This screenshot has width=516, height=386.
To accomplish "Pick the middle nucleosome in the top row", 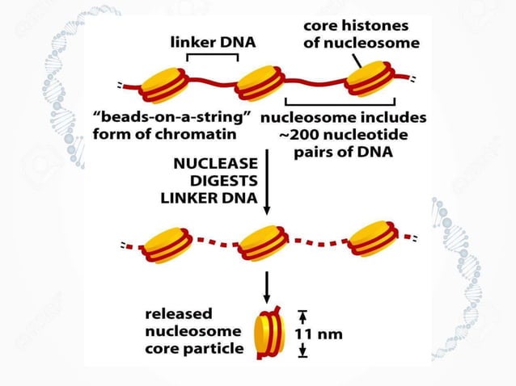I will coord(260,83).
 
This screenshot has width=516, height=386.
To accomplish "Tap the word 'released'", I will coord(177,313).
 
